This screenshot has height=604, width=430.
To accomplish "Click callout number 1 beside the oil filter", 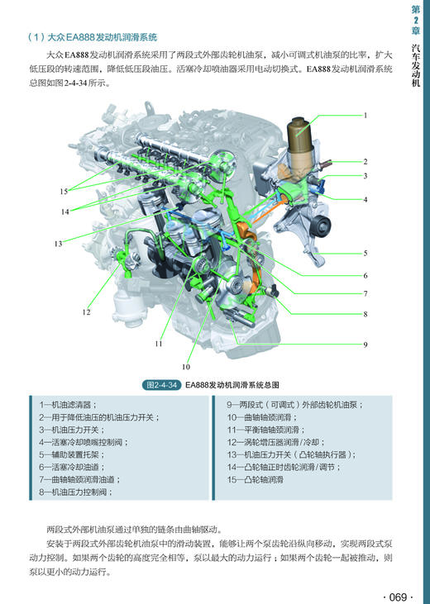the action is pos(365,115).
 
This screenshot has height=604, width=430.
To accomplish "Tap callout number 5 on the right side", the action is pos(365,254).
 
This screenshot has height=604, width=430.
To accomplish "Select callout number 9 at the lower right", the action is pos(365,345).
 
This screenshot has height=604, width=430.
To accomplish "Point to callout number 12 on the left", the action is pos(86,312).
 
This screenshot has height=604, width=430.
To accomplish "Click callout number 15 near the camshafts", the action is pos(64,192).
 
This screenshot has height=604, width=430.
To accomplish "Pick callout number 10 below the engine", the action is pos(186,367).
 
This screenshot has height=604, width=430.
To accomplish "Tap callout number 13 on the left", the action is pos(58,244).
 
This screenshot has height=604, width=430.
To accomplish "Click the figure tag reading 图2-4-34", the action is pos(161,385).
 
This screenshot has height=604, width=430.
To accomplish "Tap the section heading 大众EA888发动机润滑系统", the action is pos(102,37).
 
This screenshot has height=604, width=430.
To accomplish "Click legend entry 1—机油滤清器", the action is pos(68,405).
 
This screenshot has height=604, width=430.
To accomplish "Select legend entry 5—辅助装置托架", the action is pos(72,454).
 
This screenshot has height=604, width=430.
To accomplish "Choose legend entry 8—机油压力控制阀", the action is pos(75,492).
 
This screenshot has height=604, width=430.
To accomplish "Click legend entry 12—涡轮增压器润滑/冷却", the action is pos(276,442).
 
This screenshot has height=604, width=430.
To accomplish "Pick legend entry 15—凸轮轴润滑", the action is pos(256,479).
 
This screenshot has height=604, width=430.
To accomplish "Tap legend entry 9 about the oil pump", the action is pos(295,405).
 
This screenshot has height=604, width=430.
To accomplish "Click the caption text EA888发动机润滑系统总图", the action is pos(232,385).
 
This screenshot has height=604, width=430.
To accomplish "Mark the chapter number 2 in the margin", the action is pos(415,20).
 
